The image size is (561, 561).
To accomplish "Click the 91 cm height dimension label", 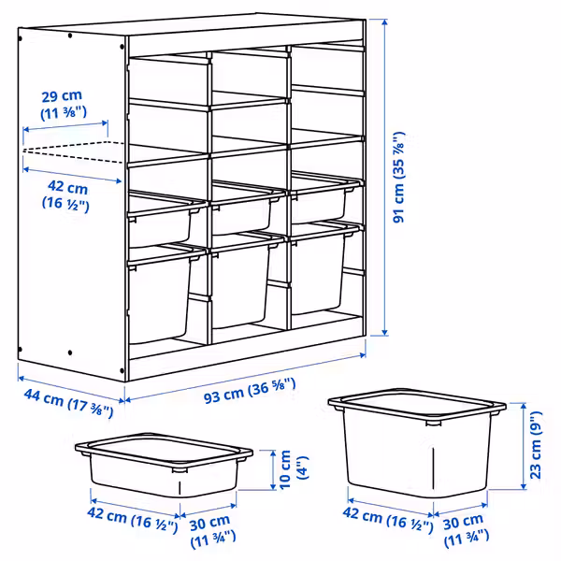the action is pos(399,178).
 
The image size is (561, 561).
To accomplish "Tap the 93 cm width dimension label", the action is pos(250,390).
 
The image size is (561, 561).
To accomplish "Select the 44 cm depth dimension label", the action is pos(68,403).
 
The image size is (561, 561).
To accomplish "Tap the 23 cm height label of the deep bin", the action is pos(535,445).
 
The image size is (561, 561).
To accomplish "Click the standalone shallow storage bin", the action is pos(164,464).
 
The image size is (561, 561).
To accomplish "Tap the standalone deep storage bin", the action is pos(417,442).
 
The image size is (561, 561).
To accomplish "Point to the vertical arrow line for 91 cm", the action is pos(384,178).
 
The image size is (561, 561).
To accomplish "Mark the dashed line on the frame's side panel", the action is pos(73,152).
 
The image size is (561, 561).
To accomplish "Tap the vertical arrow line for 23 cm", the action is pos(524,446).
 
